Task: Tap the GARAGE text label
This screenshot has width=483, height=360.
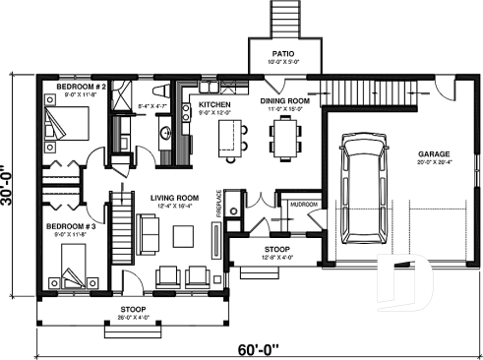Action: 434,154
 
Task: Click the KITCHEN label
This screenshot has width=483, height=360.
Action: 215,104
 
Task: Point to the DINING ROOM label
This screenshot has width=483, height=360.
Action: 285,100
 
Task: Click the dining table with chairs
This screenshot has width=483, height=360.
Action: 286,138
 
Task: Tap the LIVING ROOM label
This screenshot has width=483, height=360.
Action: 175,198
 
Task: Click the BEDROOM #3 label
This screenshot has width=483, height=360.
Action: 66,226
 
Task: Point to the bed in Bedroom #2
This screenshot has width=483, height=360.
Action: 67,125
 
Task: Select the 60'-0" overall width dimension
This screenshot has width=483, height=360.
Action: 258,347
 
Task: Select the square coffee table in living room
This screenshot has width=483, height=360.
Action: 183,235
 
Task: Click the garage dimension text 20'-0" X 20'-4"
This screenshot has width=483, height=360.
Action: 434,163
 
